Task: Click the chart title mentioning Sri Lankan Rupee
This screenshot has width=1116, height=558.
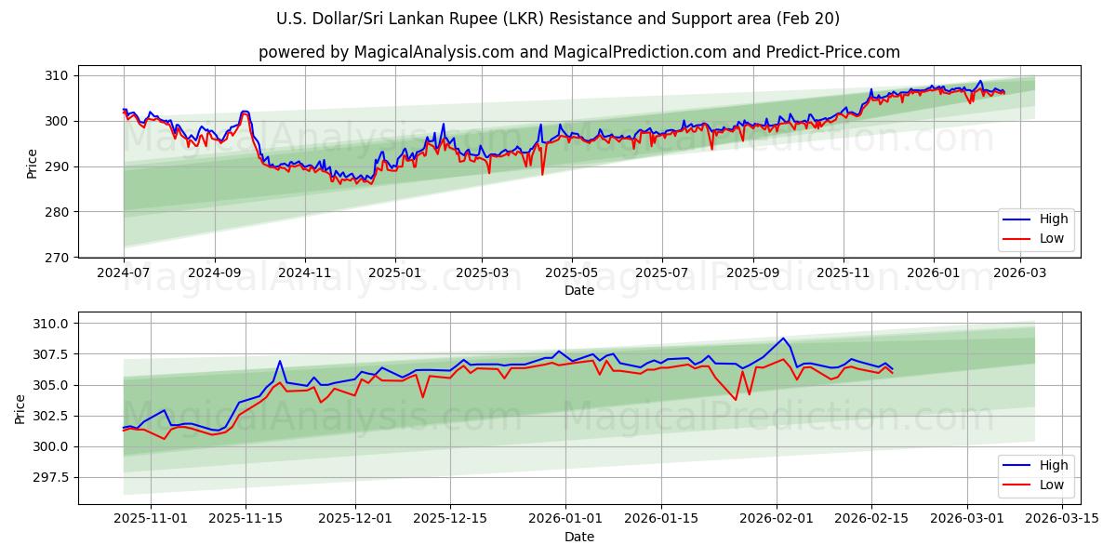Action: click(x=558, y=19)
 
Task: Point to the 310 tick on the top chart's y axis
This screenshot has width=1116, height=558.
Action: click(x=58, y=75)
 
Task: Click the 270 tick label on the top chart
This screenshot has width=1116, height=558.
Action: click(x=58, y=258)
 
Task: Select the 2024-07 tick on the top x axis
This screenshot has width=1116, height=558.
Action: click(x=124, y=273)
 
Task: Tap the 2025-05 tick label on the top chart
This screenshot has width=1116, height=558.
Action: click(x=571, y=273)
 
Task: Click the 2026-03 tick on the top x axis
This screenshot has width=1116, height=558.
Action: click(x=1022, y=273)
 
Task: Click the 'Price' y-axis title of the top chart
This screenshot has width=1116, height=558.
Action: click(x=33, y=164)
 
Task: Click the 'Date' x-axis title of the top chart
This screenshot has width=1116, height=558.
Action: click(x=578, y=290)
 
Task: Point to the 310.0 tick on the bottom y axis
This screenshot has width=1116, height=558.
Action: click(x=51, y=324)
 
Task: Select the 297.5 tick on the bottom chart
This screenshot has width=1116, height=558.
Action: click(x=51, y=477)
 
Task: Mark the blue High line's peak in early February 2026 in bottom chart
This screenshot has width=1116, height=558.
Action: click(x=783, y=339)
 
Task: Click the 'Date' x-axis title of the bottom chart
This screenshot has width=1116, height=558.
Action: click(x=578, y=537)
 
